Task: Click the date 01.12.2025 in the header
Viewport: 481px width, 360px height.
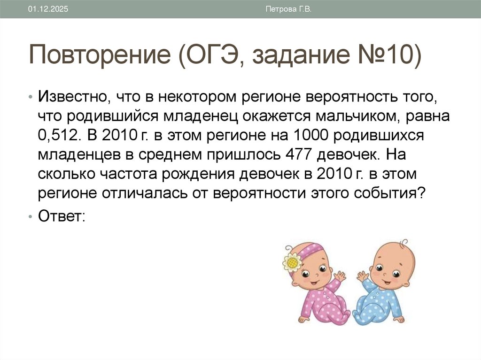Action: pyautogui.click(x=48, y=9)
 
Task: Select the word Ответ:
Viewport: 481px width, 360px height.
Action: pyautogui.click(x=62, y=216)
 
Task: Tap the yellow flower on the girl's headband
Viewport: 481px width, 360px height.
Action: pyautogui.click(x=293, y=262)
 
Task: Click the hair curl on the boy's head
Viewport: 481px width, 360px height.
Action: pyautogui.click(x=403, y=244)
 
